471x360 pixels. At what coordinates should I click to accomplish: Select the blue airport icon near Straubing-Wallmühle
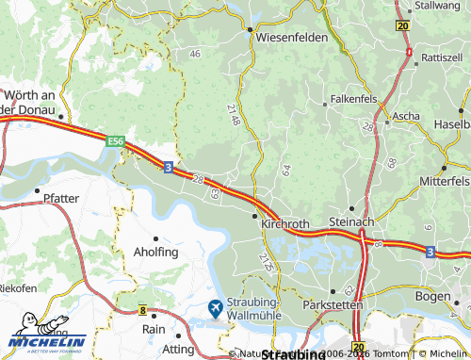[215, 307]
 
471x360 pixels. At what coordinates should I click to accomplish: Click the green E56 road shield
[116, 141]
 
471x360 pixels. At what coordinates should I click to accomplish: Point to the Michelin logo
[47, 341]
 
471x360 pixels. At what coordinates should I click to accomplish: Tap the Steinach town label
[352, 221]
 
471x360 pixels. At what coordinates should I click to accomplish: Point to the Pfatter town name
[61, 198]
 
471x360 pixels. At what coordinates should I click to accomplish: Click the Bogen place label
[447, 295]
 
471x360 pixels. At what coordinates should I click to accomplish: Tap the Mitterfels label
[444, 179]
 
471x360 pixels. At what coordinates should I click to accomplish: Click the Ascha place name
[406, 116]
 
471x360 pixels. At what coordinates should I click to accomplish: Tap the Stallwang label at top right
[439, 6]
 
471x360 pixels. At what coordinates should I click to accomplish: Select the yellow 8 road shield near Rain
[142, 309]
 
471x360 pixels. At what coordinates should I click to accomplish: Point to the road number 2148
[234, 117]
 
